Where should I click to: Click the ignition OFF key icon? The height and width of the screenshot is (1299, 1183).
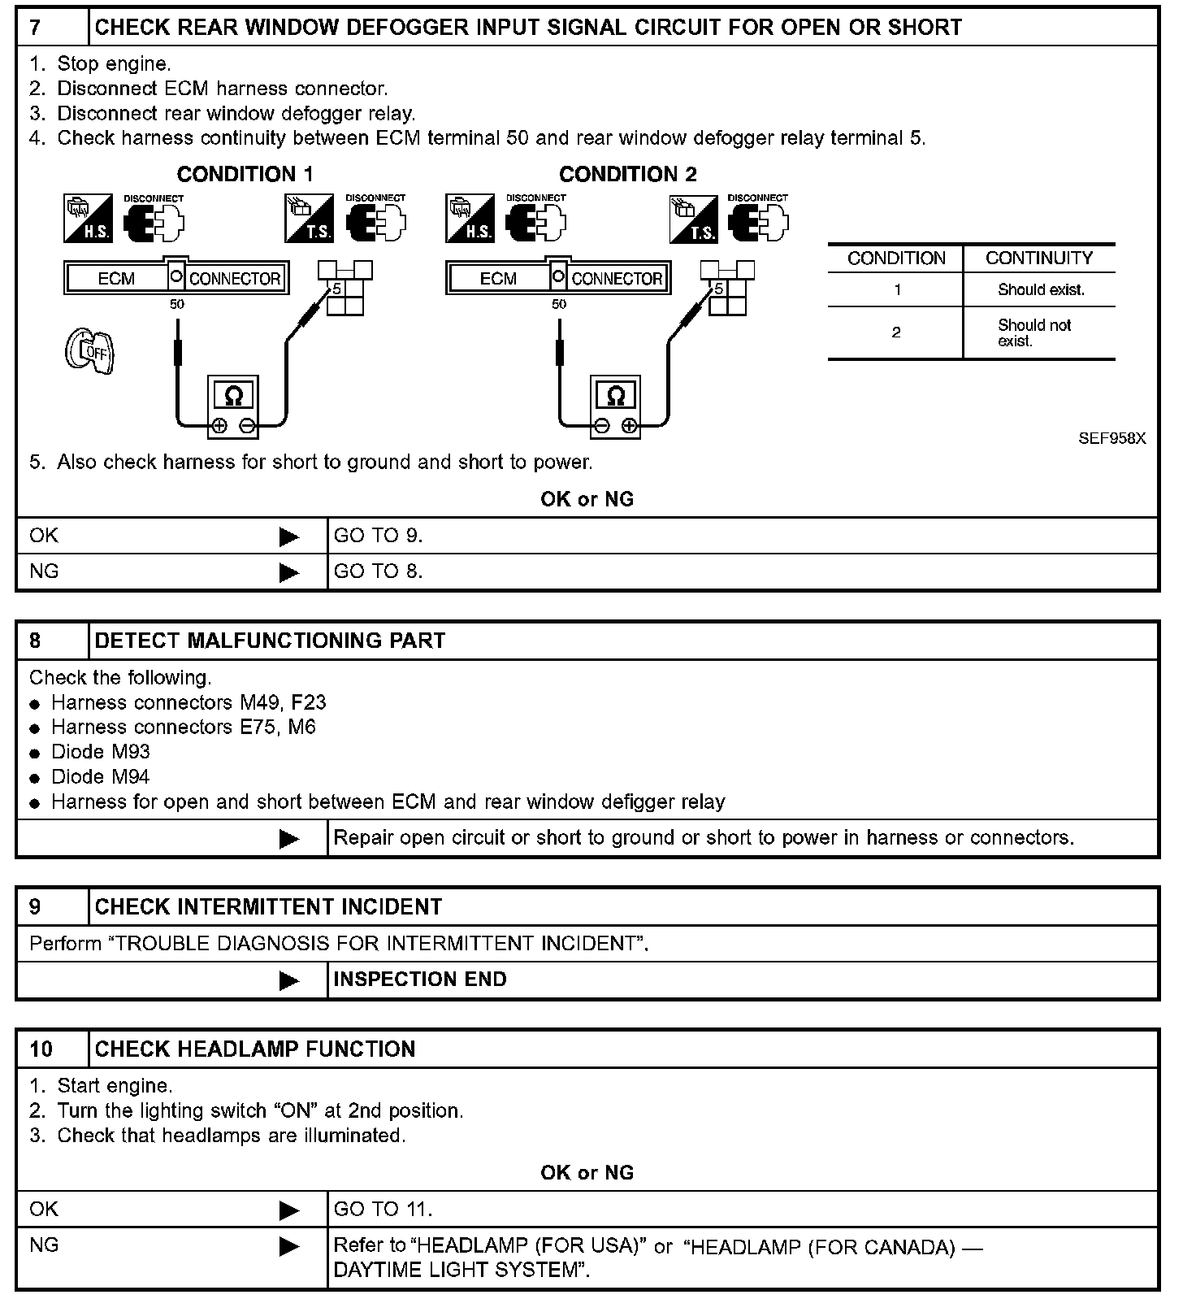tap(89, 351)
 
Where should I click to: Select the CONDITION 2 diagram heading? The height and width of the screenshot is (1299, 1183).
tap(627, 175)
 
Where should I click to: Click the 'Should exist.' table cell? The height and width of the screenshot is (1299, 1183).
tap(1041, 290)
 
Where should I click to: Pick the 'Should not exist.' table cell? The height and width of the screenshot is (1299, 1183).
tap(1034, 332)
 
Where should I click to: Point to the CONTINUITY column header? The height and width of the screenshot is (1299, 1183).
tap(1038, 258)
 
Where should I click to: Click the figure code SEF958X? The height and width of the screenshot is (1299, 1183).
tap(1111, 438)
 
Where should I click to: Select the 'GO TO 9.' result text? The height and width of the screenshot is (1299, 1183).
tap(378, 536)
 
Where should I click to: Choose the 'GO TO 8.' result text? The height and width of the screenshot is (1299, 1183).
tap(378, 571)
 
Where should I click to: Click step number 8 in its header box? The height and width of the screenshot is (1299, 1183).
tap(35, 641)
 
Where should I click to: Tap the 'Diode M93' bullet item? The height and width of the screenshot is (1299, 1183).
tap(100, 752)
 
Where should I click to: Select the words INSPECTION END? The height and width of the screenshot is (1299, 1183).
tap(419, 980)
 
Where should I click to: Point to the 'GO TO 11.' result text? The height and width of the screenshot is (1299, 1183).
tap(383, 1210)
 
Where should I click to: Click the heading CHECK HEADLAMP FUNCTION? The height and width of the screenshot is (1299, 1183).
tap(255, 1049)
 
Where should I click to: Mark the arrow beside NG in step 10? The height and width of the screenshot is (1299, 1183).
tap(288, 1246)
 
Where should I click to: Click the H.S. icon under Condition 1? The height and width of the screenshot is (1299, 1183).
tap(88, 218)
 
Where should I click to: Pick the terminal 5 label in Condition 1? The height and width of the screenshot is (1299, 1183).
tap(336, 289)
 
